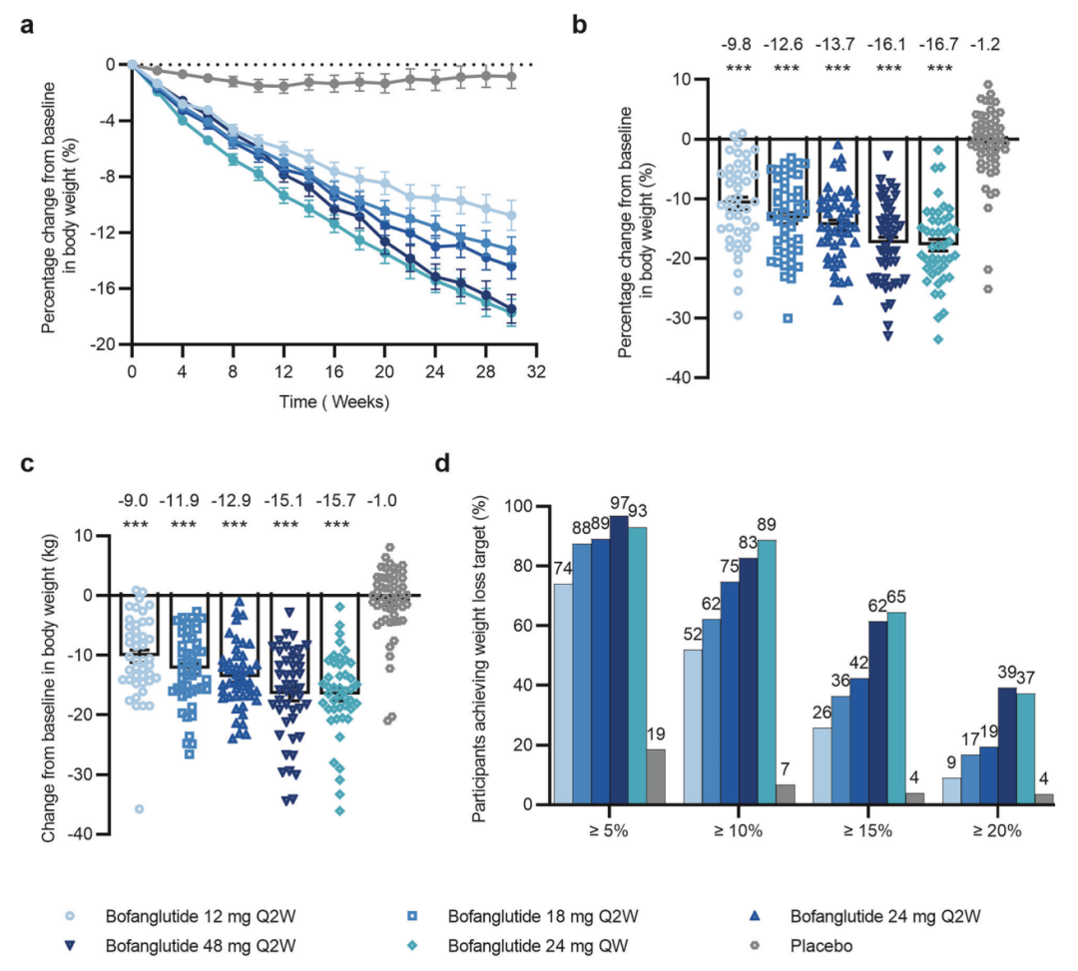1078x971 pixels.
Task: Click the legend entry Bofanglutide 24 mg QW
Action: [x=518, y=944]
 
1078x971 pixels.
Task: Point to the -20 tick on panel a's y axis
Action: [x=102, y=344]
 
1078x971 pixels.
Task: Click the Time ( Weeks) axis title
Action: [x=333, y=402]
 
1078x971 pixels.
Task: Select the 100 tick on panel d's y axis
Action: [x=521, y=506]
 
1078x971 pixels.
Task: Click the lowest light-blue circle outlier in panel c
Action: [x=140, y=808]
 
